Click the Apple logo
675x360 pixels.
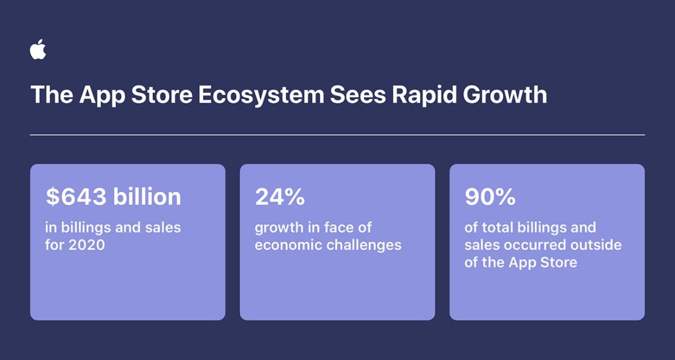tap(38, 49)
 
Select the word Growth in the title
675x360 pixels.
tap(505, 94)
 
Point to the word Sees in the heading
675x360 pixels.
tap(358, 95)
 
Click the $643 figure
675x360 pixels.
tap(76, 197)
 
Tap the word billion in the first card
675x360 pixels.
tap(147, 196)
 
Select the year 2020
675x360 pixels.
tap(87, 245)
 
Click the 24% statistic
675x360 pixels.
tap(280, 197)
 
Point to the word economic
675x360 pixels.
tap(289, 245)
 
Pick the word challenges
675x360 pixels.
tap(364, 245)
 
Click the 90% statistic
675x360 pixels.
tap(490, 197)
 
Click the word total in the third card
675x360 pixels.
tap(498, 227)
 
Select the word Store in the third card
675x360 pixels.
tap(559, 262)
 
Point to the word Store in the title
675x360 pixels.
tap(162, 95)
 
